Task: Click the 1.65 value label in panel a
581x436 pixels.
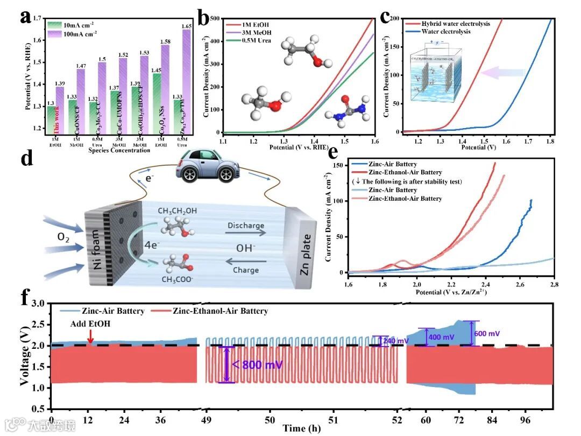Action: tap(186, 26)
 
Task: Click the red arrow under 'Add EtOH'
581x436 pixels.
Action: tap(90, 337)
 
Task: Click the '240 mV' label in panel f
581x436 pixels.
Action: tap(398, 340)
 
